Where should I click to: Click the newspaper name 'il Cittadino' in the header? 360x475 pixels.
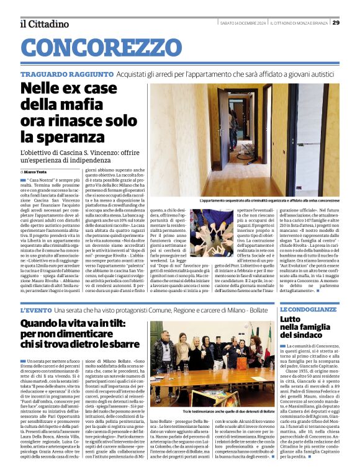(45, 24)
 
